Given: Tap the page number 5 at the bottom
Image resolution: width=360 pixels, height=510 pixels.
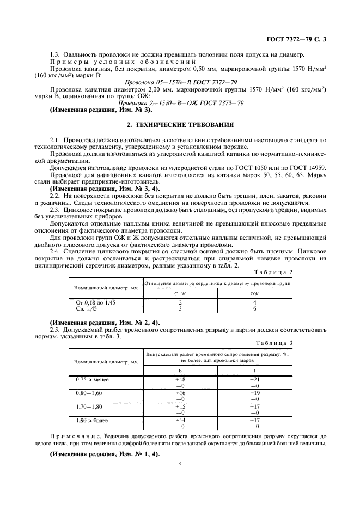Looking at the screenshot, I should pos(180,464).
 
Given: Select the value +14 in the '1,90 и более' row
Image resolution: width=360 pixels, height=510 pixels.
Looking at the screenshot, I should pos(180,420).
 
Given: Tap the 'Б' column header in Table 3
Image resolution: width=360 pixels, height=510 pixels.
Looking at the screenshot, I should pos(180,369).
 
